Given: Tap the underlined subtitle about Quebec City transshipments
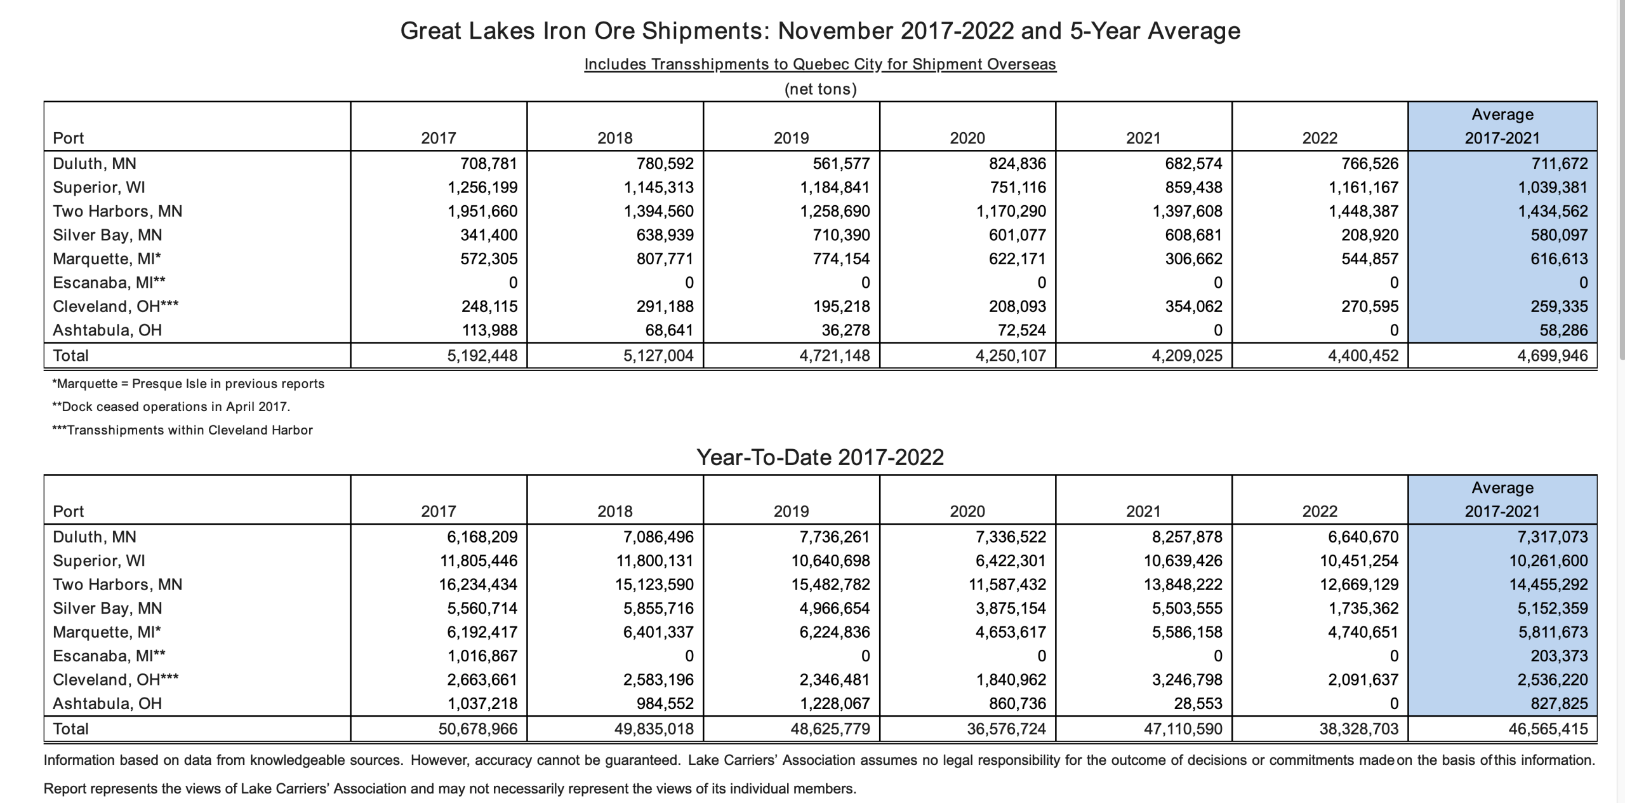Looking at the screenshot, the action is pos(820,64).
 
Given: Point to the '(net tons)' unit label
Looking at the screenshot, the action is pos(821,89).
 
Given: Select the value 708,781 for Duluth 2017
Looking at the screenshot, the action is pos(489,163).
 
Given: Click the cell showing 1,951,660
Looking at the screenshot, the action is pos(482,211).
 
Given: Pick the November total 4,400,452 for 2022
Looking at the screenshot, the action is pos(1363,355).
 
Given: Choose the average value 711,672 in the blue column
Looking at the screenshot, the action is pos(1559,163).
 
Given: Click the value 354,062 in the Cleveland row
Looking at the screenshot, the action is pos(1193,306).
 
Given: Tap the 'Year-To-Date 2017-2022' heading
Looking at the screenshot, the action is pos(820,457).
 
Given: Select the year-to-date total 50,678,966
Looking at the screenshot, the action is pos(478,729).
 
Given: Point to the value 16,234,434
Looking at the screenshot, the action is pos(478,584).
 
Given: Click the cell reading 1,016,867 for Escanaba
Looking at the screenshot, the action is pos(482,656).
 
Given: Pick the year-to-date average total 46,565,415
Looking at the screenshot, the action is pos(1548,729).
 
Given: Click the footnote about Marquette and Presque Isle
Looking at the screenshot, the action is pos(189,384).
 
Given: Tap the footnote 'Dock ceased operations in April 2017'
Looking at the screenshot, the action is pos(171,407).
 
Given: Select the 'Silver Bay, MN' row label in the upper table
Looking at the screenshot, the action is pos(107,235).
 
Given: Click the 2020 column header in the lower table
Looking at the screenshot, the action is pos(967,511).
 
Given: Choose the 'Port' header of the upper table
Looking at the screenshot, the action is pos(69,138).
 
